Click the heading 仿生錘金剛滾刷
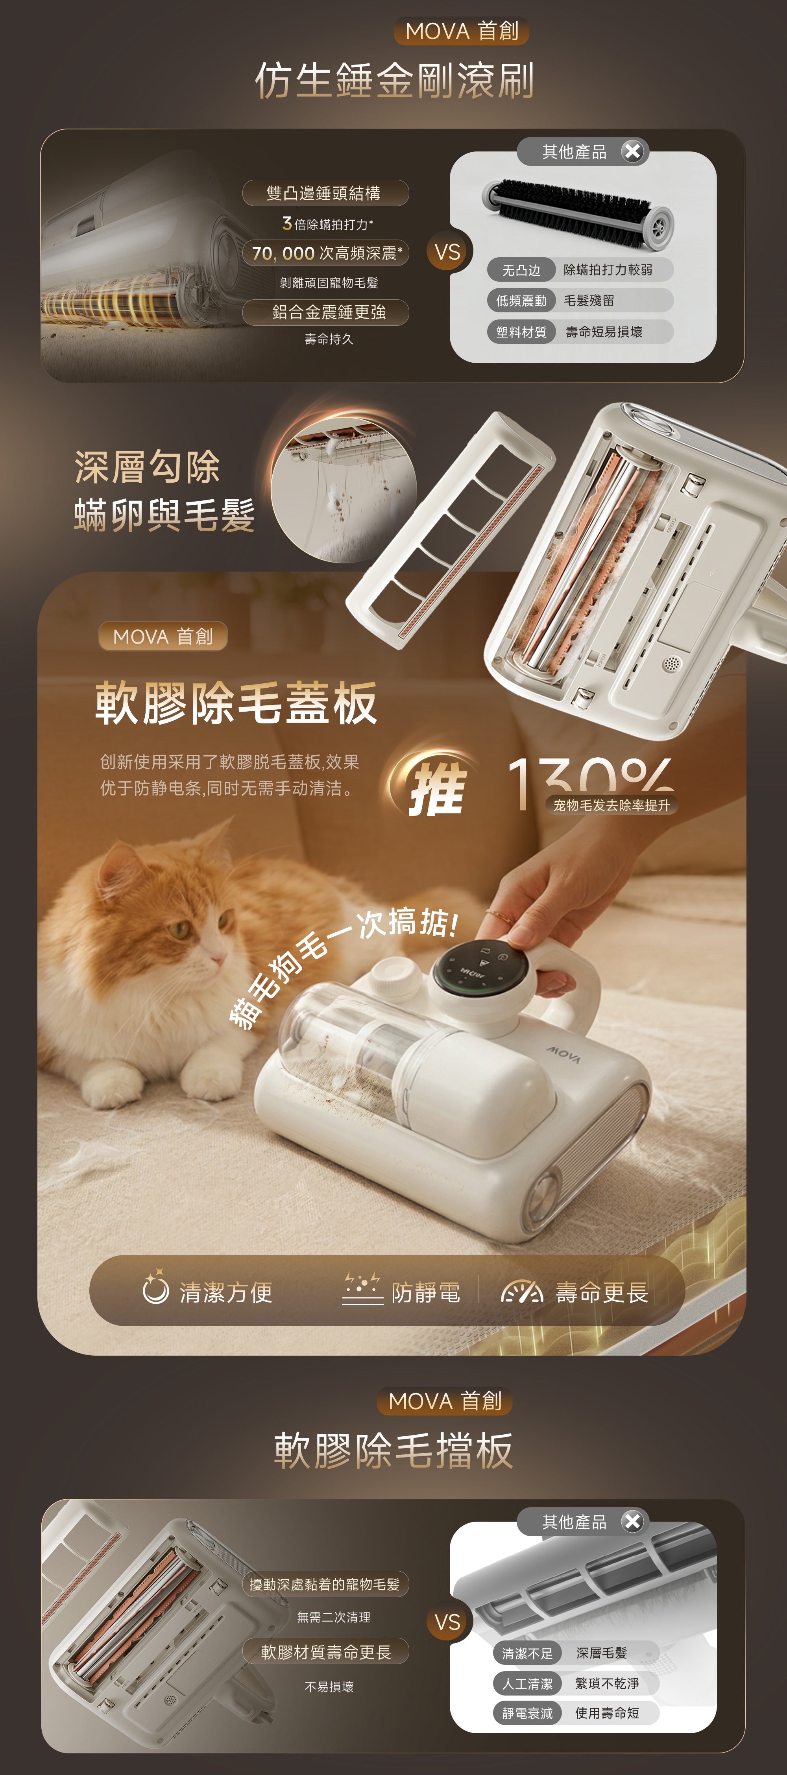tap(394, 80)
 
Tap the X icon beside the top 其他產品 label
tap(632, 151)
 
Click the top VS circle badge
tap(447, 252)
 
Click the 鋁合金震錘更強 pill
tap(325, 312)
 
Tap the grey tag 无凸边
tap(521, 269)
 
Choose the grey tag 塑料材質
tap(521, 331)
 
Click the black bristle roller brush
tap(578, 212)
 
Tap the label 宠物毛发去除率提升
tap(611, 805)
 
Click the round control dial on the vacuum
tap(480, 968)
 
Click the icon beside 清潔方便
tap(155, 1288)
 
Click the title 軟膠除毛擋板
tap(393, 1450)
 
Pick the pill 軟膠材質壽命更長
tap(325, 1651)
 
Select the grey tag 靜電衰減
tap(527, 1713)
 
